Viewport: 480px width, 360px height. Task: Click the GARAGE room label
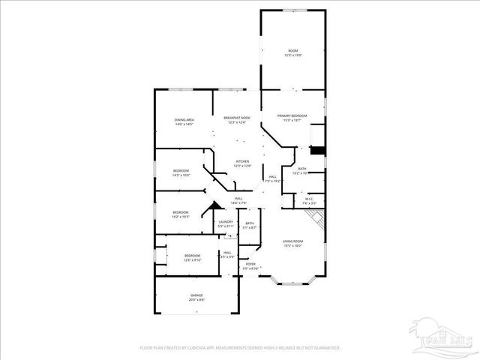click(x=196, y=297)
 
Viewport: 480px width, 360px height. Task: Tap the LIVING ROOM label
click(x=292, y=241)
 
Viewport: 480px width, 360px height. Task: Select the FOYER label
click(x=250, y=264)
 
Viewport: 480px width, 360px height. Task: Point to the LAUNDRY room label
click(x=226, y=222)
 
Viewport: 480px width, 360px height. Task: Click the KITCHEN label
click(x=242, y=161)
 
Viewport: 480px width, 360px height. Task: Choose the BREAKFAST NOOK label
click(x=237, y=118)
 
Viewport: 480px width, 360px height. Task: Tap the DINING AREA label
click(x=184, y=120)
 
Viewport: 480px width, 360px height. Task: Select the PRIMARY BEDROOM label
click(x=292, y=115)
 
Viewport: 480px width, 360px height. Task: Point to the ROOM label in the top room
click(x=292, y=51)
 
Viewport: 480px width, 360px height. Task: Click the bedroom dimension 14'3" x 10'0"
click(x=181, y=175)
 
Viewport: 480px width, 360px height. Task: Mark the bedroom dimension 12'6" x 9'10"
click(x=192, y=260)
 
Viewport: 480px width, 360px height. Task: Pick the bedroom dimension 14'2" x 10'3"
click(x=181, y=217)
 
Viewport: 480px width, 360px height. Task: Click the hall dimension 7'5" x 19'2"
click(x=273, y=181)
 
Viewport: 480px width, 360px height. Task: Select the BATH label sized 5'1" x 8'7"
click(x=249, y=227)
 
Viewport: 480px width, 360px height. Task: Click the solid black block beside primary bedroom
click(x=318, y=150)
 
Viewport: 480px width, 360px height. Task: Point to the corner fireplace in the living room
click(x=318, y=218)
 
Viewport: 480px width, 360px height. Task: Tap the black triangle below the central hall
click(x=215, y=205)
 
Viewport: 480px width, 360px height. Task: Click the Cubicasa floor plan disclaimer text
click(x=240, y=348)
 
